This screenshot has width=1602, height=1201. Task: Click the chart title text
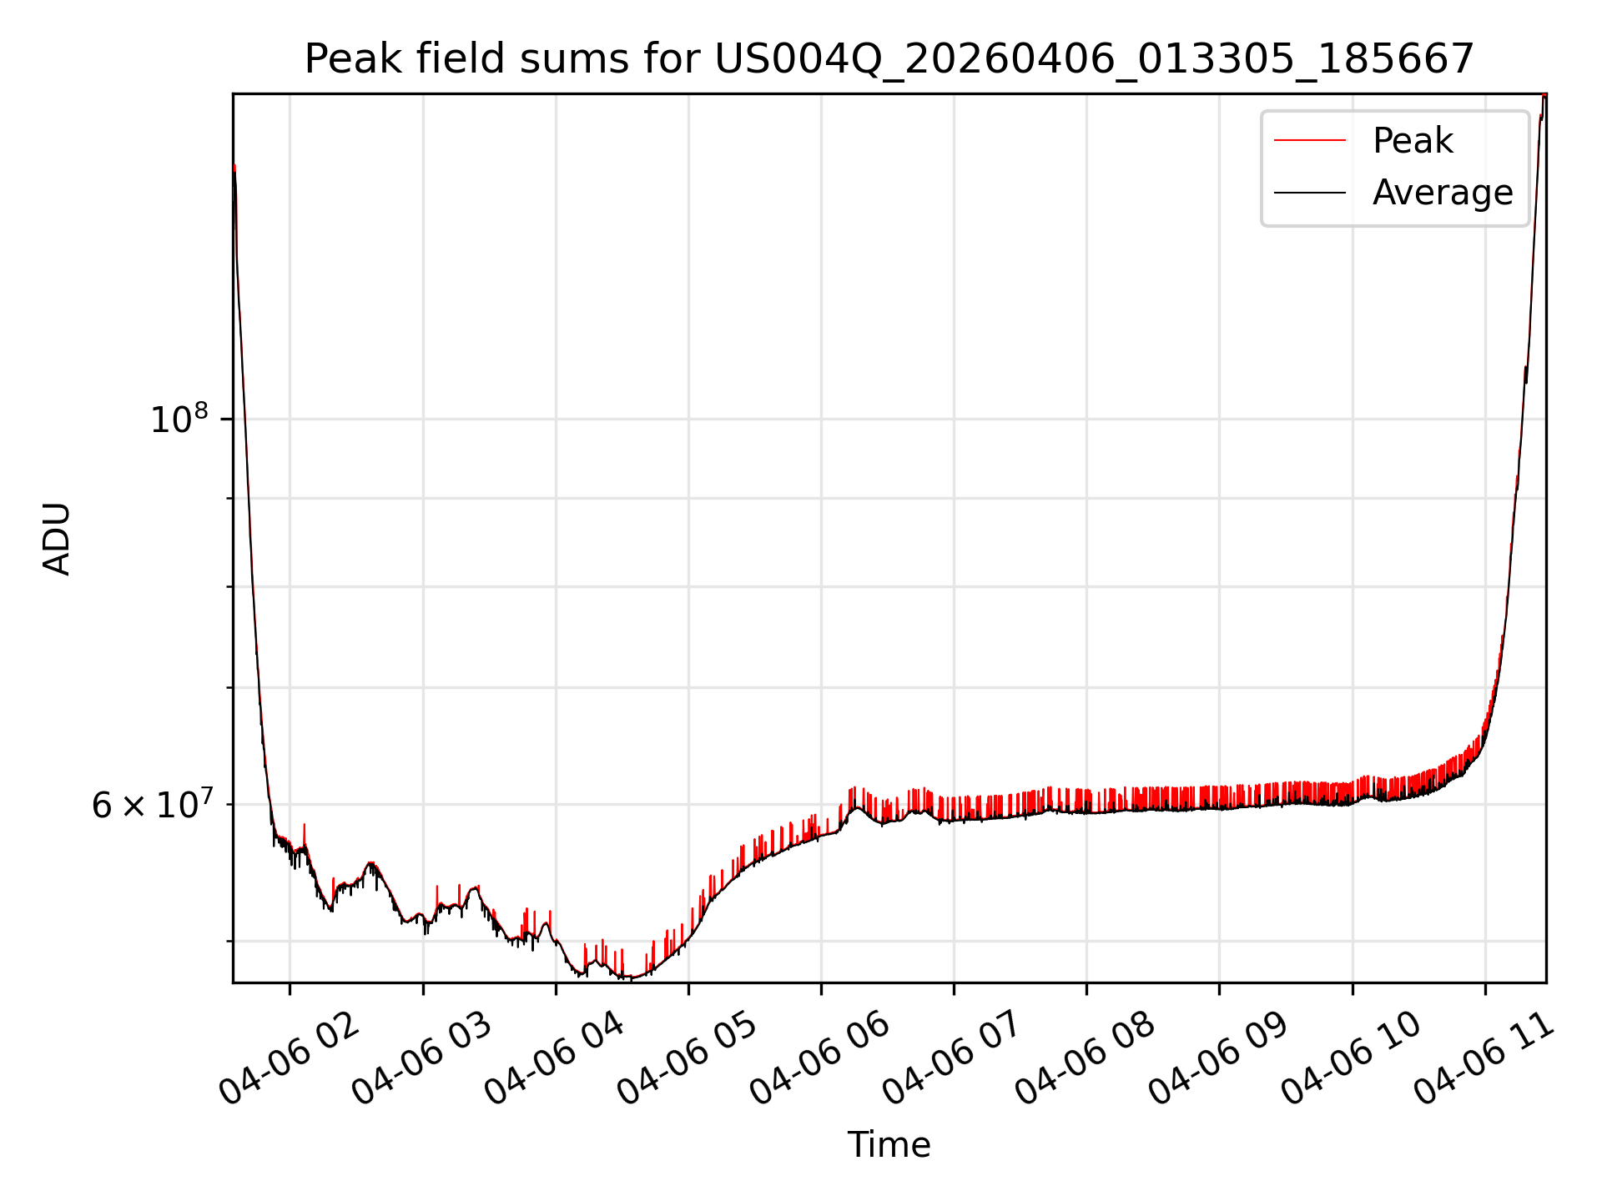coord(889,59)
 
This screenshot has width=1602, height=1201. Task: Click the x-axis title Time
coord(889,1144)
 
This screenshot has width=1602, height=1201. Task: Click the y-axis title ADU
coord(57,538)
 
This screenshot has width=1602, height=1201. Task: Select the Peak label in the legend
coord(1413,140)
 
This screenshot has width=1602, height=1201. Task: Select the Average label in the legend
coord(1443,193)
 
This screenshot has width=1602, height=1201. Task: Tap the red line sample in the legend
coord(1310,141)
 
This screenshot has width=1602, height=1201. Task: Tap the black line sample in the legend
coord(1310,193)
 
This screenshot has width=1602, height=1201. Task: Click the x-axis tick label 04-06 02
coord(290,1059)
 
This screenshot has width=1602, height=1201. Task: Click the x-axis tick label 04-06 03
coord(422,1059)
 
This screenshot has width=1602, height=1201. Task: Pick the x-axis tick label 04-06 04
coord(555,1059)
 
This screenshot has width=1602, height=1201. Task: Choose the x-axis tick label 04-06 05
coord(688,1059)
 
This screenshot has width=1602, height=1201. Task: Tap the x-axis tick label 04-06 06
coord(820,1059)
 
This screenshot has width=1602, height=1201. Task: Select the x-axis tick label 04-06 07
coord(953,1059)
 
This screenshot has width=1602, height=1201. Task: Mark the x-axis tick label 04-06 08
coord(1086,1059)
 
